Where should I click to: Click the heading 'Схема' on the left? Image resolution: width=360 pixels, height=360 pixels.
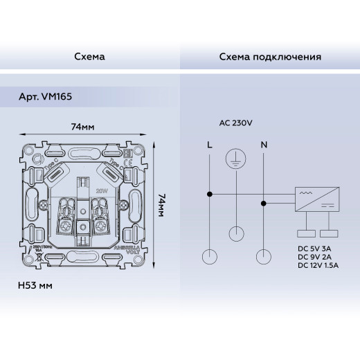(x=89, y=56)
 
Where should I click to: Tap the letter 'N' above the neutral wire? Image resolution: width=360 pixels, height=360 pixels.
(x=263, y=145)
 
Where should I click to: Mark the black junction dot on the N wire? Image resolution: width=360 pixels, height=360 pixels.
(x=263, y=204)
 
